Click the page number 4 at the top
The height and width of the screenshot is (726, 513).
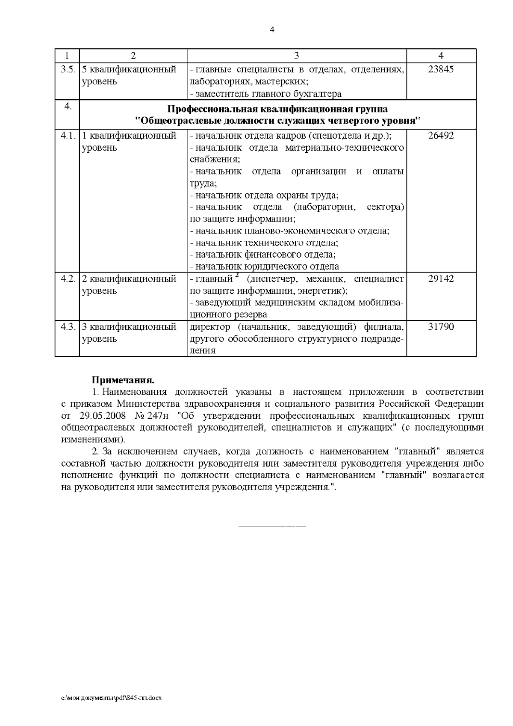click(272, 30)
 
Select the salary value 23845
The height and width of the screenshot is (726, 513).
click(441, 69)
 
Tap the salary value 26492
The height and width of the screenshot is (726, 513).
click(441, 136)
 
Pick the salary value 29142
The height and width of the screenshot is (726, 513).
click(441, 279)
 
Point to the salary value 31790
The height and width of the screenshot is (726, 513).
click(441, 327)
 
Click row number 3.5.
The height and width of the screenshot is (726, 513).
click(68, 69)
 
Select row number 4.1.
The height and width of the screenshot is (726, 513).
click(68, 136)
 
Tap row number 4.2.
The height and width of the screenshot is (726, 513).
click(68, 279)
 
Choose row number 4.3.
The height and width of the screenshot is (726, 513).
click(68, 327)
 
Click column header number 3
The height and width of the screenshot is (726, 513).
click(297, 56)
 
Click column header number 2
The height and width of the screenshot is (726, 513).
click(133, 56)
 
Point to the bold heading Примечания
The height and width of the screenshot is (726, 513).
click(123, 380)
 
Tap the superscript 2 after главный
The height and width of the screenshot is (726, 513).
click(236, 276)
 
